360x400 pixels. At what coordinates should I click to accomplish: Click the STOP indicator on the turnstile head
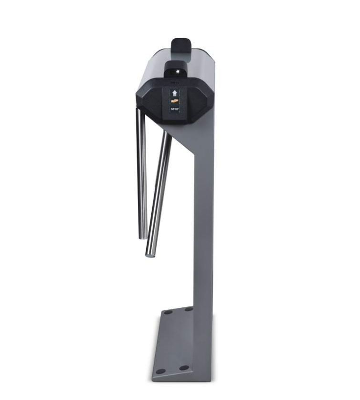click(175, 109)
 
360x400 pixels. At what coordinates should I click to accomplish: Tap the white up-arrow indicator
click(175, 93)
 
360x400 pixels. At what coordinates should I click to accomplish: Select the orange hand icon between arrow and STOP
click(175, 101)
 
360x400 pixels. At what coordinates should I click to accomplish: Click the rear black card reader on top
click(181, 46)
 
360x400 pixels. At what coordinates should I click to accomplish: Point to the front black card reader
click(176, 69)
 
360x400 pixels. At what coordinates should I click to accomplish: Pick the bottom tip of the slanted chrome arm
click(149, 254)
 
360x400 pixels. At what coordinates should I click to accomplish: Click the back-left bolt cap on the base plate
click(168, 312)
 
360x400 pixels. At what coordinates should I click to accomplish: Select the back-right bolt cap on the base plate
click(189, 309)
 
